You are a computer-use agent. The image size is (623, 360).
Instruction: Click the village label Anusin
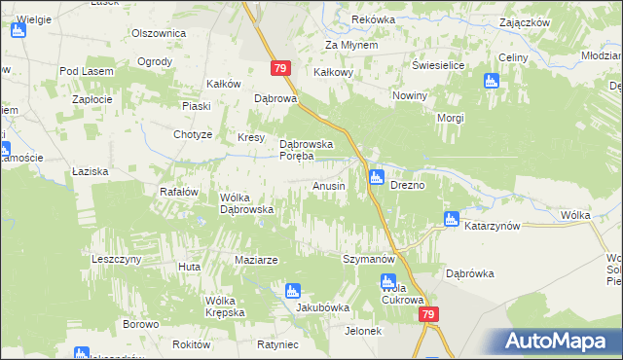[328, 186]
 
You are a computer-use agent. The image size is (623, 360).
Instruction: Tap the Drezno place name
[407, 185]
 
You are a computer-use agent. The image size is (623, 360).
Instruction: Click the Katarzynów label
[495, 226]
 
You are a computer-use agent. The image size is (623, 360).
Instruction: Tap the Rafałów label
[179, 192]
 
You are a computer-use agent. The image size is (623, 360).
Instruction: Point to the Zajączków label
[551, 21]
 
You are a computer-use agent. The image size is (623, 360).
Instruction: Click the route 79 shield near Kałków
[279, 67]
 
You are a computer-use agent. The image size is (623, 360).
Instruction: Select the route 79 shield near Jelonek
[429, 315]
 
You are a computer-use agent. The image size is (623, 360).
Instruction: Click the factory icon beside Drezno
[377, 177]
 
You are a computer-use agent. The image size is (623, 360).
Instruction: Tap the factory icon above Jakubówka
[292, 290]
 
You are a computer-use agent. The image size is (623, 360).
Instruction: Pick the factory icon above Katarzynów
[451, 220]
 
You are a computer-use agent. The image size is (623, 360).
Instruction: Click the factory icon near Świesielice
[491, 81]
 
